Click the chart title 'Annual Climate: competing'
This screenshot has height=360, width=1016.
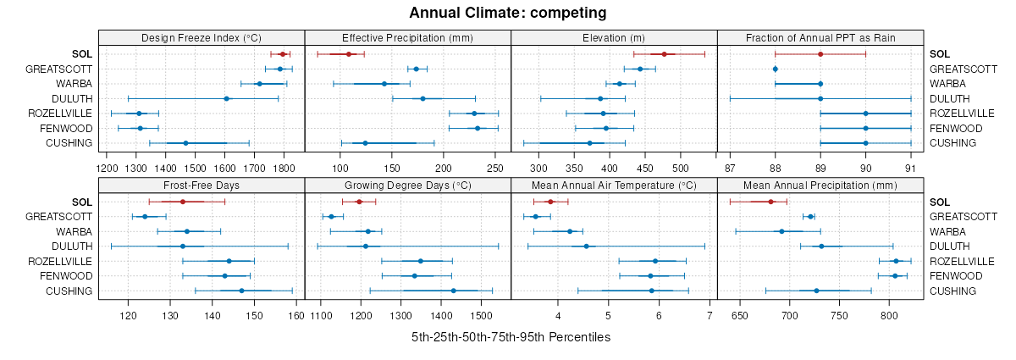(507, 13)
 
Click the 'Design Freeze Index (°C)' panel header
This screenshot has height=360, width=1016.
(202, 37)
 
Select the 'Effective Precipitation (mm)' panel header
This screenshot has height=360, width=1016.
(407, 37)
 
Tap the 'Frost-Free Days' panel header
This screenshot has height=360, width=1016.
(202, 185)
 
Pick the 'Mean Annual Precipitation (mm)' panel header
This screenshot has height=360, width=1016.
(820, 185)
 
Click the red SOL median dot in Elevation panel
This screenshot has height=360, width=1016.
(664, 54)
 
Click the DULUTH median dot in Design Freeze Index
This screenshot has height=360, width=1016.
(226, 99)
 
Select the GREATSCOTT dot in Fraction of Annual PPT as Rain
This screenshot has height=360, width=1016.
(775, 69)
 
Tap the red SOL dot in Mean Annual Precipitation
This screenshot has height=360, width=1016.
(770, 202)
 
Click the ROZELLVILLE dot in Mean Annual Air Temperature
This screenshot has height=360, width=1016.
(654, 261)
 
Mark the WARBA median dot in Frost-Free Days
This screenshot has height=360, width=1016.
(187, 231)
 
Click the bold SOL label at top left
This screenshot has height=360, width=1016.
(83, 54)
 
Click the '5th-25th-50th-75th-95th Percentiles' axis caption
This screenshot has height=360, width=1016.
(511, 337)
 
